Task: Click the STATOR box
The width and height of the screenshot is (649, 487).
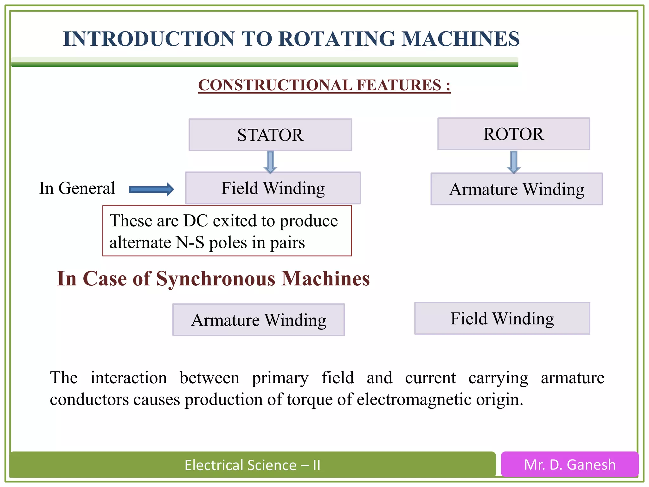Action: tap(270, 135)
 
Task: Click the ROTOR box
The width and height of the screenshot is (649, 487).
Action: tap(513, 134)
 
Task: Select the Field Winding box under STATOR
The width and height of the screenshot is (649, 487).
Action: tap(273, 188)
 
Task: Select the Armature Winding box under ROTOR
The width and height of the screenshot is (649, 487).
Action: tap(517, 189)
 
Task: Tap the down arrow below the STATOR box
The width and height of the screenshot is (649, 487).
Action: tap(270, 162)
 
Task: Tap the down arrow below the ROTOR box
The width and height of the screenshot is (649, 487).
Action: tap(514, 162)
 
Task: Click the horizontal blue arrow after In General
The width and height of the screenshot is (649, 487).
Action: tap(151, 189)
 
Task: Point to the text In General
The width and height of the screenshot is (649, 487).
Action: tap(77, 188)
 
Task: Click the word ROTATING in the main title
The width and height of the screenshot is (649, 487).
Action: tap(337, 39)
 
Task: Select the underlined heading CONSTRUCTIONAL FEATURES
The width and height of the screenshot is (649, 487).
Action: tap(324, 85)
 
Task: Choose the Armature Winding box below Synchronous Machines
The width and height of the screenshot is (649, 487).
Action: tap(258, 320)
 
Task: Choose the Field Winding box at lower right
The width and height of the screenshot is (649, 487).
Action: tap(502, 318)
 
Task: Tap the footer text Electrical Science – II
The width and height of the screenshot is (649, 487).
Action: tap(252, 465)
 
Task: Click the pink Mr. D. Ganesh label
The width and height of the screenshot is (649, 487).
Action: tap(569, 464)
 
